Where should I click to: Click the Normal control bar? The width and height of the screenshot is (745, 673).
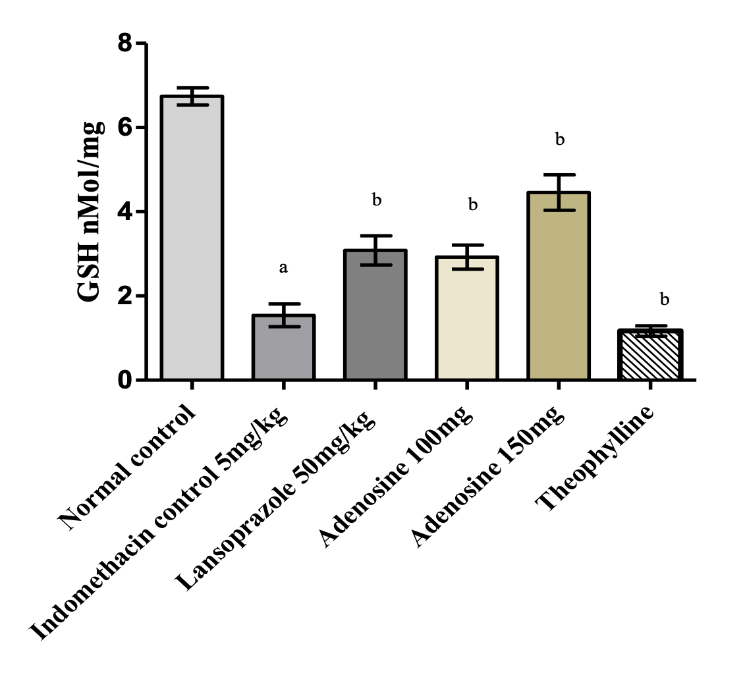192,238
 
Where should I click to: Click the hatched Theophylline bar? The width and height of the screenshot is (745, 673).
650,355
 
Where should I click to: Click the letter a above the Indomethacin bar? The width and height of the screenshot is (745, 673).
283,268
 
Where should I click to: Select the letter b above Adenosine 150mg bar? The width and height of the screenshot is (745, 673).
560,140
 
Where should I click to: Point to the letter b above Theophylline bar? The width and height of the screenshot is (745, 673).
665,300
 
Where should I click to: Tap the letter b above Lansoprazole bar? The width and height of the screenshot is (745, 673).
376,200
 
